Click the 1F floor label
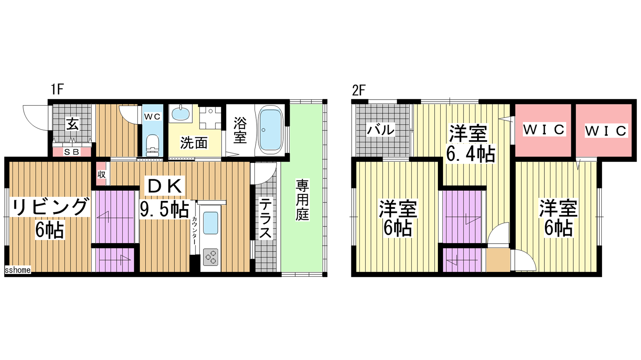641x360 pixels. point(57,90)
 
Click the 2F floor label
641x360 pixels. point(359,90)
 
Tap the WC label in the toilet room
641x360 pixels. point(152,116)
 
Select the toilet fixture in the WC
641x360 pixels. point(152,146)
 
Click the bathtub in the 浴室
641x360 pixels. point(271,130)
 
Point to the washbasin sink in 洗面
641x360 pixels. point(181,114)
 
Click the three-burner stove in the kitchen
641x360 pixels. point(211,257)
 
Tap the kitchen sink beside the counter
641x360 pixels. point(210,223)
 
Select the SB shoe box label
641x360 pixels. point(72,152)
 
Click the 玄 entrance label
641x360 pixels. point(72,124)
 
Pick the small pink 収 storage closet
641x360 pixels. point(101,174)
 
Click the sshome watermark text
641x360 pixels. point(18,270)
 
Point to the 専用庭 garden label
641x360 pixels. point(302,200)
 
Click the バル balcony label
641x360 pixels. point(381,130)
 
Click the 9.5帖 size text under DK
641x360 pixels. point(165,210)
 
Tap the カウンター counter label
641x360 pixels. point(195,230)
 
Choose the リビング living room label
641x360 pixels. point(50,207)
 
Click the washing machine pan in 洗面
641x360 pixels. point(211,118)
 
